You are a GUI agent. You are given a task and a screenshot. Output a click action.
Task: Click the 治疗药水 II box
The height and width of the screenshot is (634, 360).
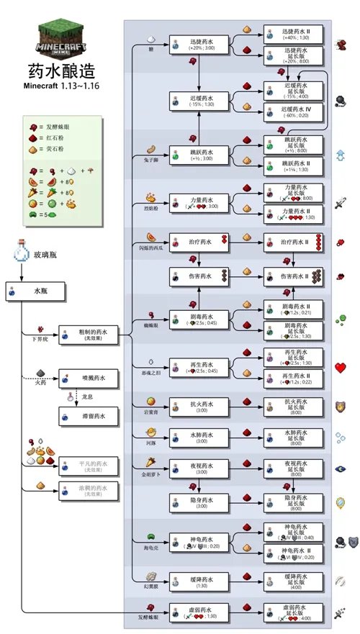tap(294, 243)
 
